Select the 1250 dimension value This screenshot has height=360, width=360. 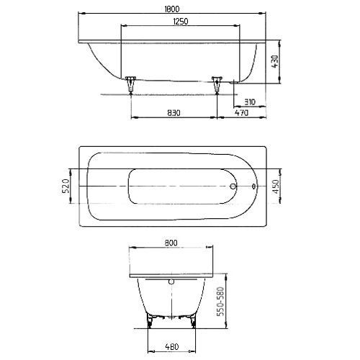tap(180, 22)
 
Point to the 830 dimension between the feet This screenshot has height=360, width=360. tap(173, 112)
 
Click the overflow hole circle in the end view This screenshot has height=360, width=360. tap(171, 283)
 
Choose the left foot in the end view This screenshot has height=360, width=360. tap(150, 321)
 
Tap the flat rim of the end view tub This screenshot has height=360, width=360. tap(171, 275)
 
